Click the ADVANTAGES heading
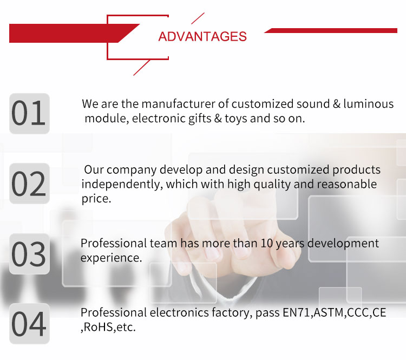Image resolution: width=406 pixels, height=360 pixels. pyautogui.click(x=202, y=36)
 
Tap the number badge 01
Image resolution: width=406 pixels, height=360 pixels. pyautogui.click(x=29, y=114)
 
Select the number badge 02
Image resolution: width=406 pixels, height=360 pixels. pyautogui.click(x=29, y=184)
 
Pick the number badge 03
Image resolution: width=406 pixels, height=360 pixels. pyautogui.click(x=29, y=254)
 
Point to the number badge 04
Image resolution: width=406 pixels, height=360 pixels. pyautogui.click(x=29, y=324)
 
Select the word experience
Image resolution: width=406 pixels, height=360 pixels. pyautogui.click(x=111, y=258)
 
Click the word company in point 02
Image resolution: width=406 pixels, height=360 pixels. pyautogui.click(x=129, y=170)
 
